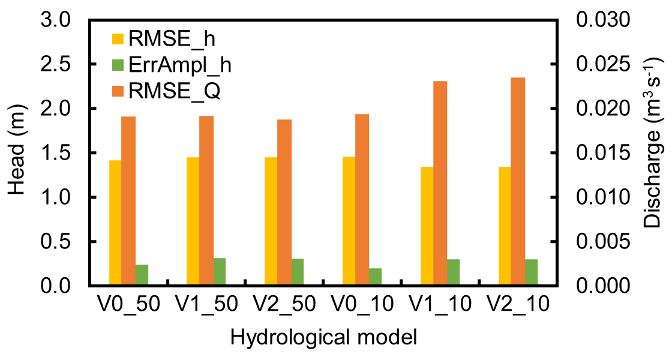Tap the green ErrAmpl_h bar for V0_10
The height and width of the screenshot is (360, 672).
[376, 277]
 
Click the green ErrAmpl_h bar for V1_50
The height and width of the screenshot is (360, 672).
[219, 272]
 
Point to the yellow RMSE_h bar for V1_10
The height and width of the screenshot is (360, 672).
[427, 226]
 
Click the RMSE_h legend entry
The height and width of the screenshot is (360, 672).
[162, 40]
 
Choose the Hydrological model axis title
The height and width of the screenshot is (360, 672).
[323, 338]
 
